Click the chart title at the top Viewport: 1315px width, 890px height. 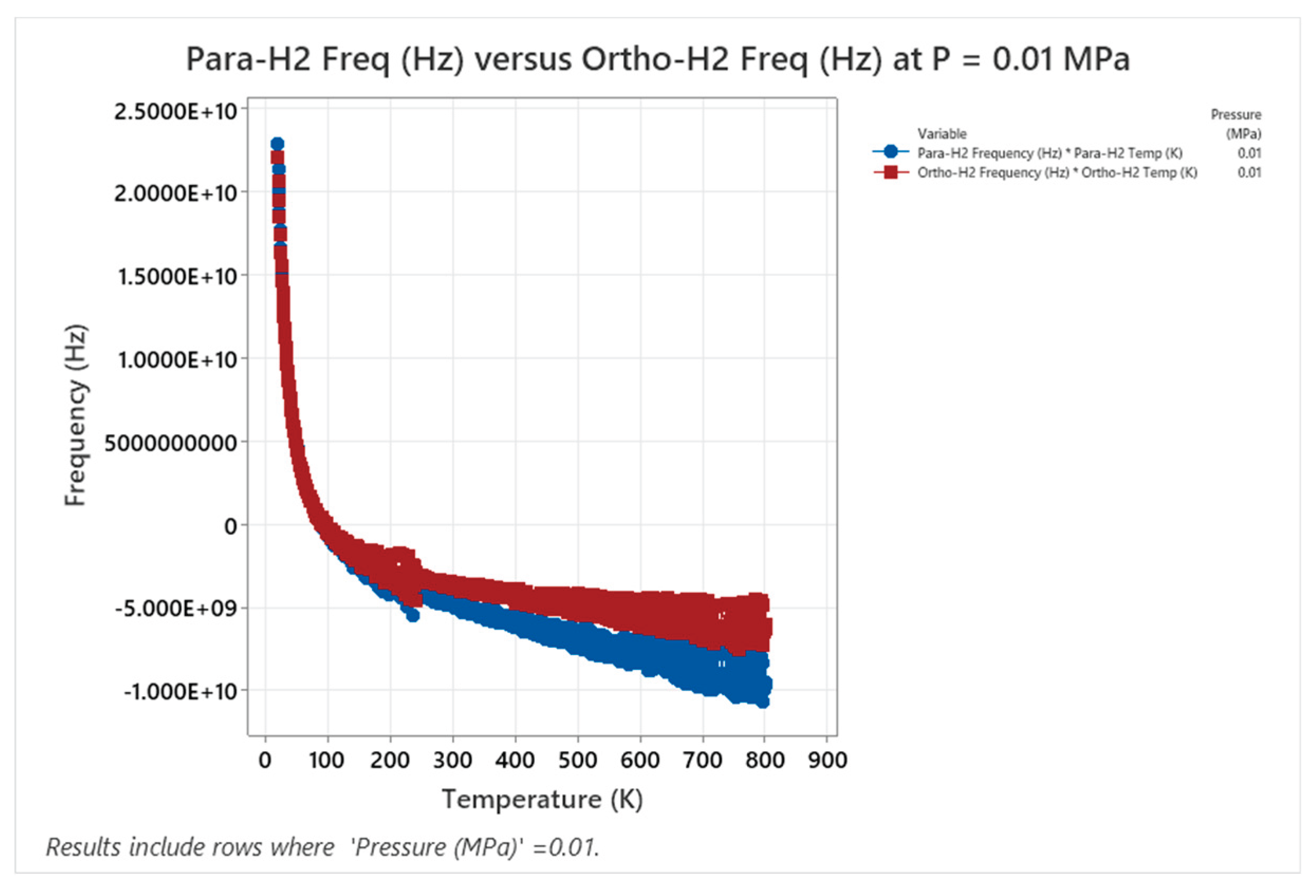point(657,59)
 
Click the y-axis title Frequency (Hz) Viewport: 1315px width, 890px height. point(76,415)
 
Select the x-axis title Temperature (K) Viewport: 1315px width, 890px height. point(542,800)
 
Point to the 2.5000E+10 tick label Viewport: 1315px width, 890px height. point(175,111)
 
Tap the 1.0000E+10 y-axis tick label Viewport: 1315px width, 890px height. point(177,359)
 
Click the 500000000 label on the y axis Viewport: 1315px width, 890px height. point(171,443)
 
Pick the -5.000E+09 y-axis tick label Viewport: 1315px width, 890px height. point(176,609)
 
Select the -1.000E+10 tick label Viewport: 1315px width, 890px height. point(181,692)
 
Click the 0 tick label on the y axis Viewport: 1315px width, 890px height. point(230,526)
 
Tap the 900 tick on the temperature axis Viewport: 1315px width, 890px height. point(827,760)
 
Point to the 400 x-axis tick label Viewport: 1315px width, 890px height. point(515,760)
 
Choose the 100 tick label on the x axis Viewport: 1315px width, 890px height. point(327,760)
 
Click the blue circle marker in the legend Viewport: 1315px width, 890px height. point(891,152)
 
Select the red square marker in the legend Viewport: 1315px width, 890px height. point(891,172)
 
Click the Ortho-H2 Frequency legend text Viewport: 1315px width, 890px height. point(1057,173)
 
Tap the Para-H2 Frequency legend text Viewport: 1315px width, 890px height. point(1050,153)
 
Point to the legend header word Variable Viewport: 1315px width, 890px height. point(941,134)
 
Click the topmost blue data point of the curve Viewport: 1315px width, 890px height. point(277,144)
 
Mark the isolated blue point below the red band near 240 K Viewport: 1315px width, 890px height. point(413,616)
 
